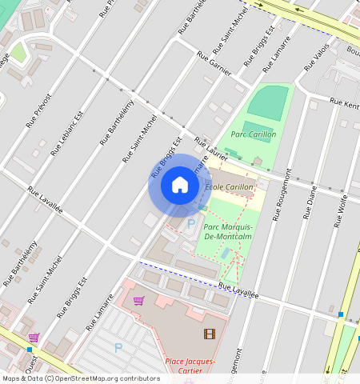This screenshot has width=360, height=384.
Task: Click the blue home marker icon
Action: click(x=180, y=186)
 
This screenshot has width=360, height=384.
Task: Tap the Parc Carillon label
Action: click(x=254, y=134)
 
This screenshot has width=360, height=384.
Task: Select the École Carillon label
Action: click(x=230, y=187)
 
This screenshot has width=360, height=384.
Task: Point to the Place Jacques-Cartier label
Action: click(x=190, y=366)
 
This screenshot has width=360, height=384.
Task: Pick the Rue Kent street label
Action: click(x=346, y=105)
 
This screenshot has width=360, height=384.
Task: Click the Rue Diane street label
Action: click(x=310, y=204)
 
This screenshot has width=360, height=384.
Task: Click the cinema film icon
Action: click(x=209, y=334)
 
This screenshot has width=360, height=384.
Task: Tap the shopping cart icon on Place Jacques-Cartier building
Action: click(x=139, y=301)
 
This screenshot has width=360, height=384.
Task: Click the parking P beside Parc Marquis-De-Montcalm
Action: click(x=190, y=223)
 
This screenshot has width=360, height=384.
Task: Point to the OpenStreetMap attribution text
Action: click(x=80, y=378)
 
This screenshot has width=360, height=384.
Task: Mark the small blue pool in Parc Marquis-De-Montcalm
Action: click(x=226, y=254)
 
